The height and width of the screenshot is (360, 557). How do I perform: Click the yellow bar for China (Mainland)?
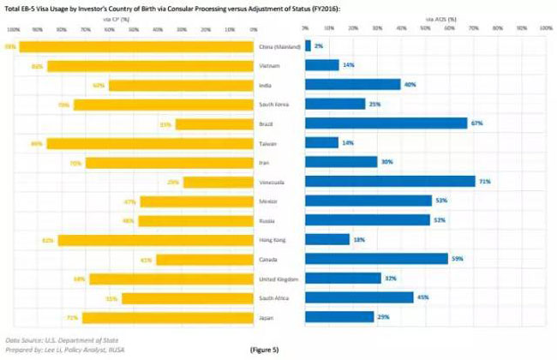(137, 46)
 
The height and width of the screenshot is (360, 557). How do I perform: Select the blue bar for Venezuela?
(390, 182)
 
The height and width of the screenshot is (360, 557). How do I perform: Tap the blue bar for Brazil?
(386, 123)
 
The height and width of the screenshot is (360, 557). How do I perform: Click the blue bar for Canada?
(376, 259)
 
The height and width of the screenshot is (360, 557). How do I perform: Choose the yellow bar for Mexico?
(198, 201)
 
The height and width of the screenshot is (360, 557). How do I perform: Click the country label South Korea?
(279, 105)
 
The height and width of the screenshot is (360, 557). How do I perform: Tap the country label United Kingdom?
(279, 279)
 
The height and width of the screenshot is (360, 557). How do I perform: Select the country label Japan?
(279, 317)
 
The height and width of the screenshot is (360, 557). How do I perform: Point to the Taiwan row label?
(279, 143)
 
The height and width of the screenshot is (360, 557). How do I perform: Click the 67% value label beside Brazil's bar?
(476, 123)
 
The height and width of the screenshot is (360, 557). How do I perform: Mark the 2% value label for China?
(319, 46)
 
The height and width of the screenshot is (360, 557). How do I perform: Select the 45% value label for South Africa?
(422, 297)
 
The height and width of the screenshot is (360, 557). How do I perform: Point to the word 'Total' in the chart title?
(15, 7)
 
